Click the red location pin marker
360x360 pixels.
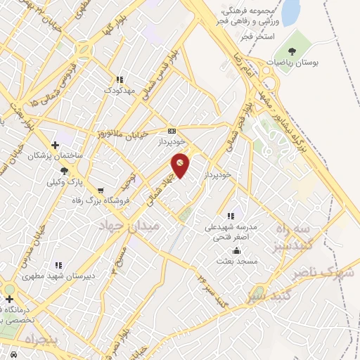tap(181, 165)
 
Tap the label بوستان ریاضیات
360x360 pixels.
tap(296, 62)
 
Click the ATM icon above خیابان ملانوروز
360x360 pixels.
tap(172, 131)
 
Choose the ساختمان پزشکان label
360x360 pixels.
tap(49, 155)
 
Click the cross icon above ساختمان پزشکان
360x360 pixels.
tap(54, 144)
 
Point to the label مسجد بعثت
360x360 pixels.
tap(238, 261)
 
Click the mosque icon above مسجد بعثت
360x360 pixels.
tap(237, 250)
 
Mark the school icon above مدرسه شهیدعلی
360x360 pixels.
tap(230, 217)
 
